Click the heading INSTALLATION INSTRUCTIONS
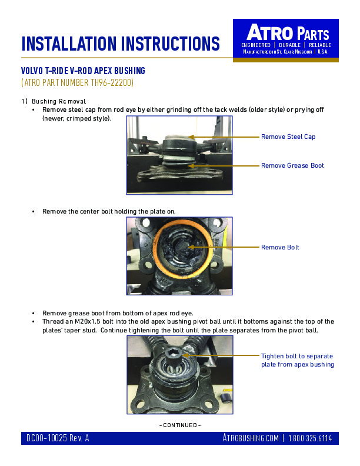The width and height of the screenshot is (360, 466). pyautogui.click(x=121, y=44)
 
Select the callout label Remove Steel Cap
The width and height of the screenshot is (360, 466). pyautogui.click(x=288, y=137)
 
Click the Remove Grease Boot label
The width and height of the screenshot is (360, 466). pyautogui.click(x=292, y=165)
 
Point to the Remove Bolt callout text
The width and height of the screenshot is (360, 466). pyautogui.click(x=280, y=247)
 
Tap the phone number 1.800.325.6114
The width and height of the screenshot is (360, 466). pyautogui.click(x=310, y=438)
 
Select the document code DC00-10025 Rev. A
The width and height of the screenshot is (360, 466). pyautogui.click(x=58, y=438)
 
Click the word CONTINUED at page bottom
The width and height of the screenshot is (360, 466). pyautogui.click(x=180, y=425)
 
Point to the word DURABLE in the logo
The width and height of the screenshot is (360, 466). pyautogui.click(x=289, y=45)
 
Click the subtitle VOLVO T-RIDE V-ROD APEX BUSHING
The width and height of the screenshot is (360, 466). pyautogui.click(x=83, y=71)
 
